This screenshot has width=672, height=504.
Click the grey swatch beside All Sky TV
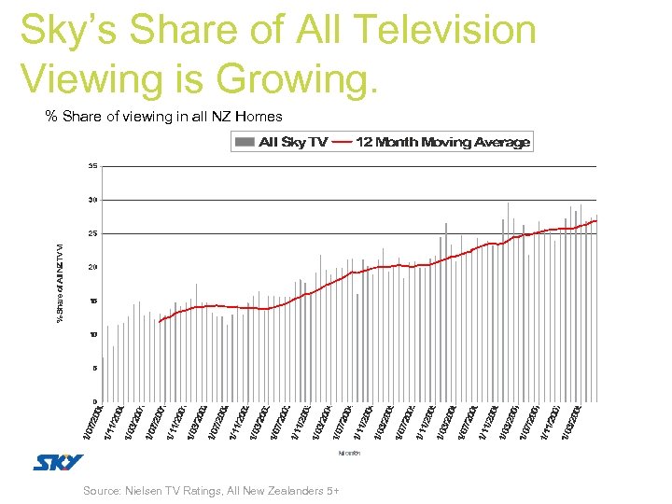pos(245,143)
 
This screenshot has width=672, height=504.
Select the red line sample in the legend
pos(342,143)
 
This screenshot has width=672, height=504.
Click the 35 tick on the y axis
pos(92,166)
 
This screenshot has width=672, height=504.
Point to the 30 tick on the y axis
pos(92,200)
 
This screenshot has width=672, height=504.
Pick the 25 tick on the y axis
pos(92,233)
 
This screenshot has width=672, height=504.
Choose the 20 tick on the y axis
pos(92,267)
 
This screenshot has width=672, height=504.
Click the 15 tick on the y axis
pos(92,301)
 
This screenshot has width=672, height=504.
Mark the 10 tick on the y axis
pos(92,334)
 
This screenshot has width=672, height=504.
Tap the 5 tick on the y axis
pos(94,368)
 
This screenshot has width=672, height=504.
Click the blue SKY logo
pos(58,462)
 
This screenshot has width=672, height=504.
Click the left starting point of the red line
pos(160,322)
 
